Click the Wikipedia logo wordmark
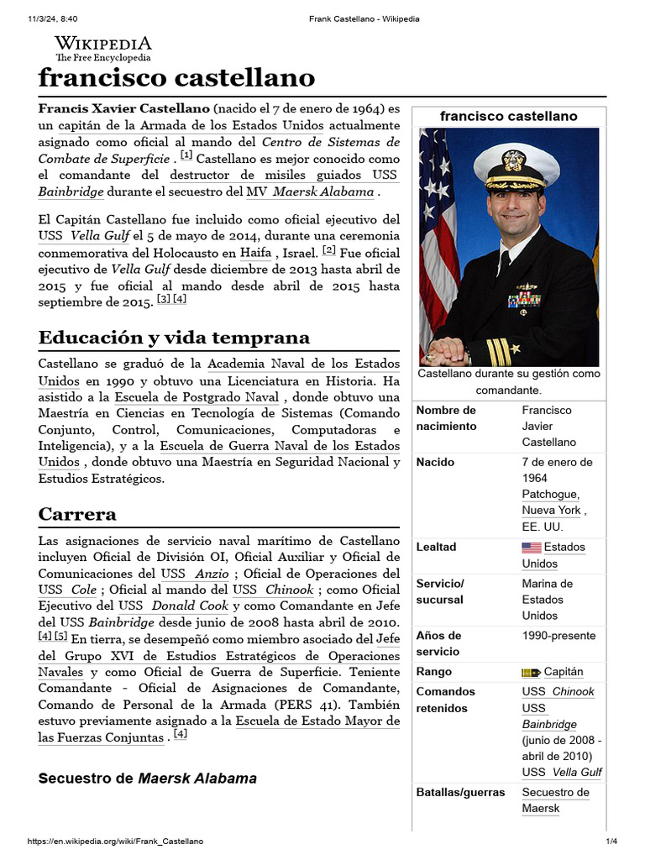103,44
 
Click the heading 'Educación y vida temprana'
174,338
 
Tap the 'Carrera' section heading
77,514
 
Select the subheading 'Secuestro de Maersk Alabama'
148,779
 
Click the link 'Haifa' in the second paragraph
255,252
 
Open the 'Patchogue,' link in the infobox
550,494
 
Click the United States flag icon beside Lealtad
531,548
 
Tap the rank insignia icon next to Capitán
530,672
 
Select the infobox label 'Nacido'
435,462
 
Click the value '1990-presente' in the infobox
558,636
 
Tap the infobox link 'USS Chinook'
558,691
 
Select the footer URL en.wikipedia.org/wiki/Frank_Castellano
115,842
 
